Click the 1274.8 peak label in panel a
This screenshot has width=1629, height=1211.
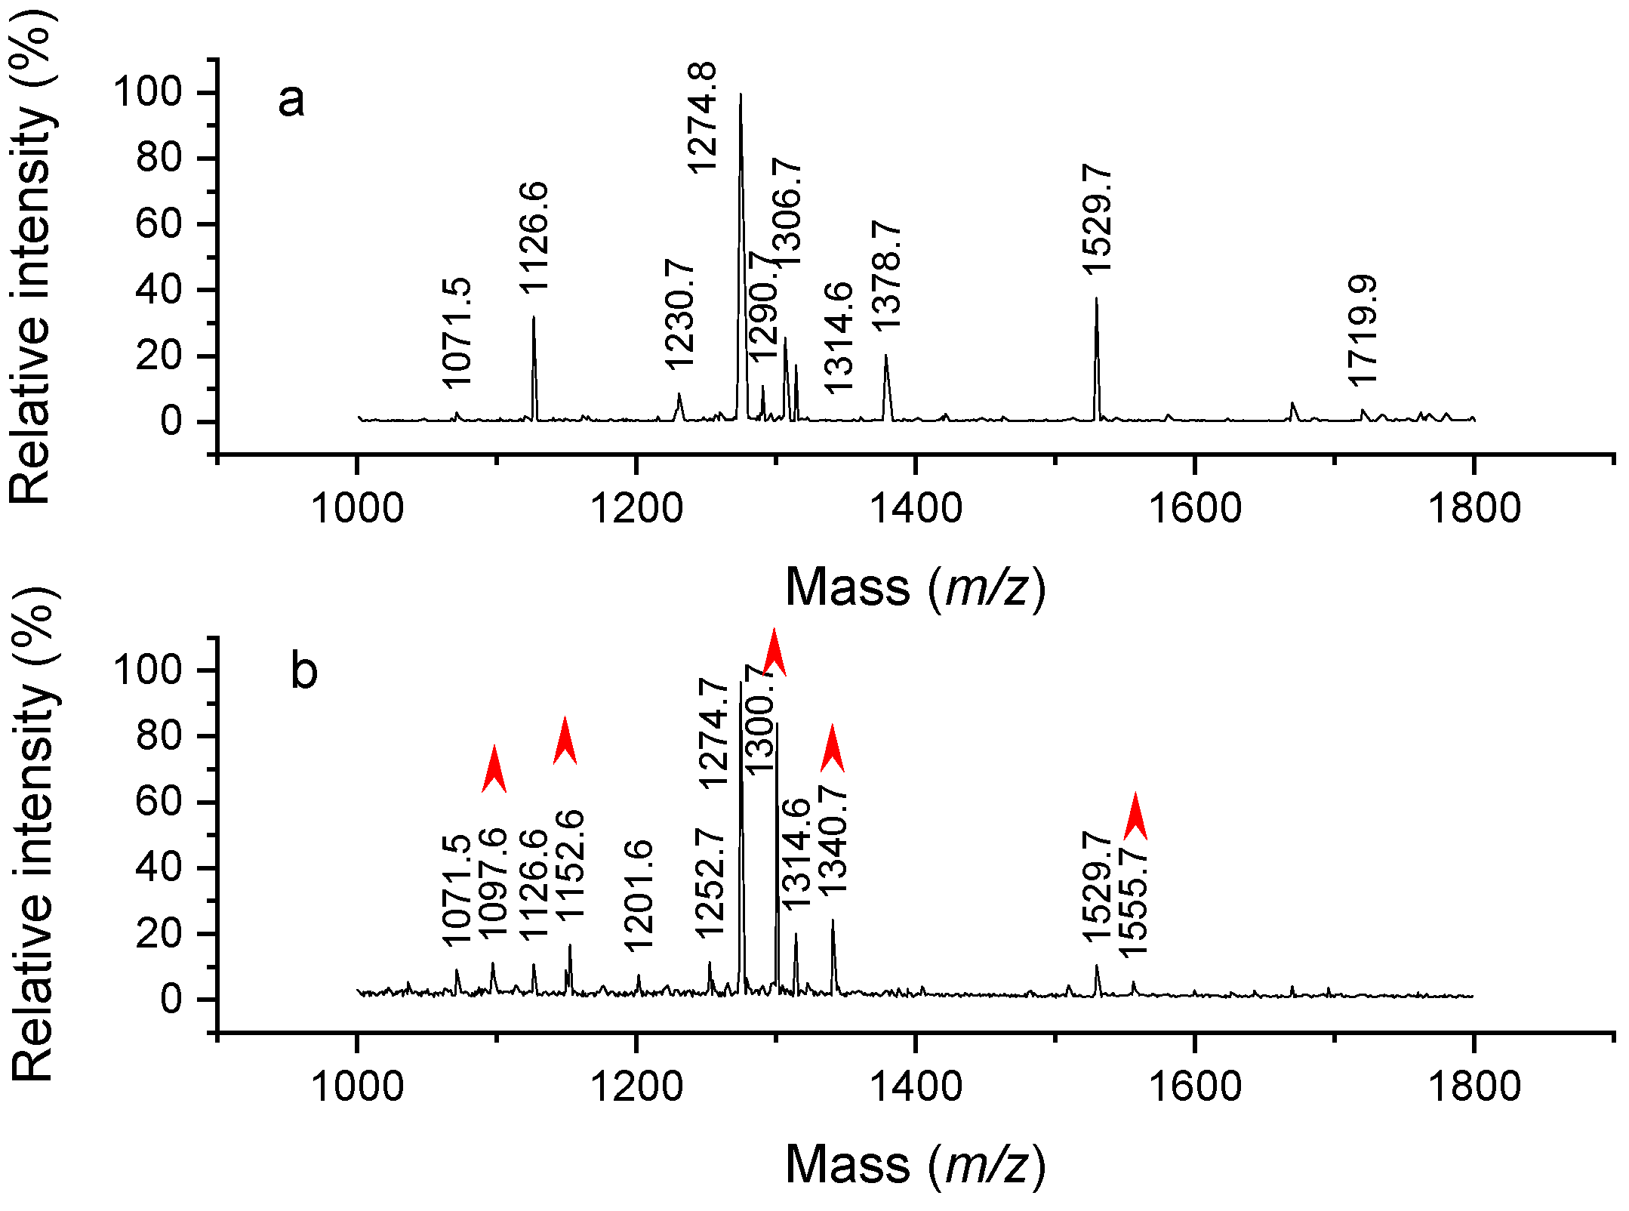(702, 118)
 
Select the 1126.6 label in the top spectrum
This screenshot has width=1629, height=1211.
(534, 237)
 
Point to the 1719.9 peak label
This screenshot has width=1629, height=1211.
(1363, 331)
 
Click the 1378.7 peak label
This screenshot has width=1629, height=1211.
(886, 275)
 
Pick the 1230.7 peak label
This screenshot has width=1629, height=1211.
(679, 314)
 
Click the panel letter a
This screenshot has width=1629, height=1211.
(291, 100)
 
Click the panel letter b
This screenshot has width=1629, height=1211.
(303, 670)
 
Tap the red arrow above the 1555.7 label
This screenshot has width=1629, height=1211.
(1135, 816)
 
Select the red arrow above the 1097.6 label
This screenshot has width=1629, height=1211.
(494, 769)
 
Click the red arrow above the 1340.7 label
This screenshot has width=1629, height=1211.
(832, 747)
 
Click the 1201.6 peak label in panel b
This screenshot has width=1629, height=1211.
(639, 895)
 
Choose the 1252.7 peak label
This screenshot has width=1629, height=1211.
(710, 883)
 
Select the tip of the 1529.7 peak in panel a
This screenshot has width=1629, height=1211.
(1096, 299)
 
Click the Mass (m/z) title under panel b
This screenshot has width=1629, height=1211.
(915, 1163)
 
